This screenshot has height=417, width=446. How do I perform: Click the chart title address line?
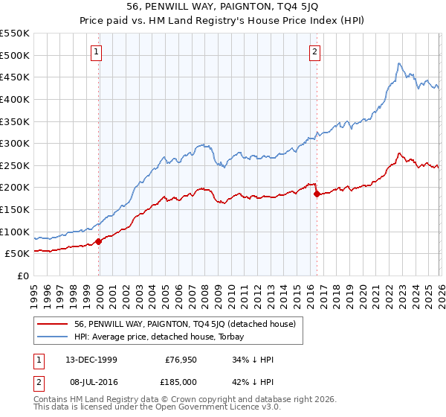[x=223, y=7]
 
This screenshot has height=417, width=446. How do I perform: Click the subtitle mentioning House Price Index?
[x=223, y=22]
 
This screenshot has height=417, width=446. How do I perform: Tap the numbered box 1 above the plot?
[x=97, y=51]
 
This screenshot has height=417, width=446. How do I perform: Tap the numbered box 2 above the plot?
[x=315, y=51]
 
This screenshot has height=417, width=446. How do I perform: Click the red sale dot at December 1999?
[x=99, y=241]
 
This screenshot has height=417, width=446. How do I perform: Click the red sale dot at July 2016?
[x=317, y=194]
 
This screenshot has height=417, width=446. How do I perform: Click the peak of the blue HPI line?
[x=399, y=63]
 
